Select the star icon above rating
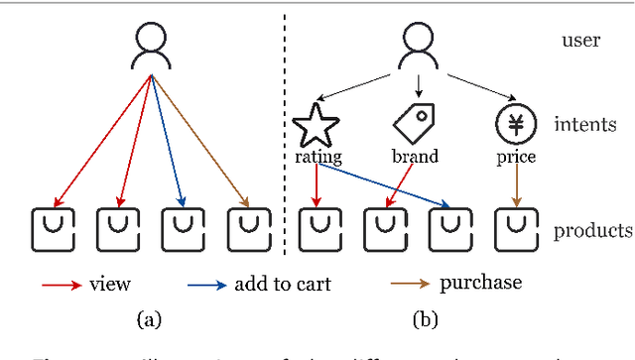click(316, 124)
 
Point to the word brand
click(415, 156)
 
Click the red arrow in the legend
click(62, 285)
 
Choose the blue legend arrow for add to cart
click(206, 285)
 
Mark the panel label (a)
click(149, 319)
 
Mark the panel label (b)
click(417, 319)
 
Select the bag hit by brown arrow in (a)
click(246, 230)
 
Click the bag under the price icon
click(514, 230)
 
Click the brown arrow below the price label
click(514, 186)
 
